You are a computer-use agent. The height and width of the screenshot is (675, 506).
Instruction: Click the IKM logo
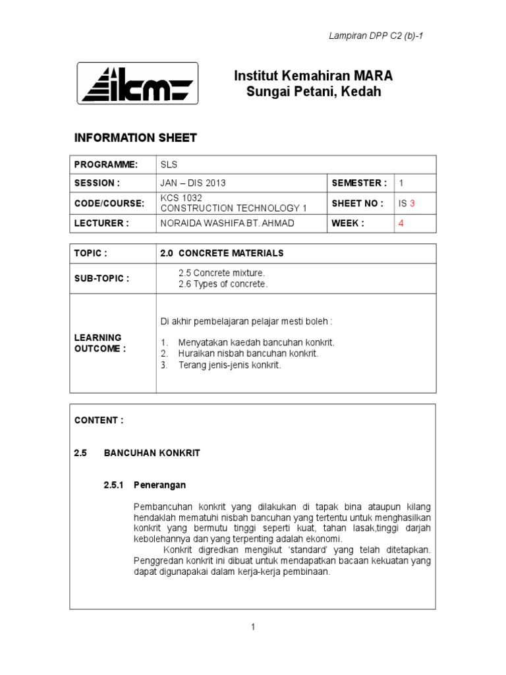tap(138, 83)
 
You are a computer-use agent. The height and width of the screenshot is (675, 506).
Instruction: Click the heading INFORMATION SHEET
tap(136, 138)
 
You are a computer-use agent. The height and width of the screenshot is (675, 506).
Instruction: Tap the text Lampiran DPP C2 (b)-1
tap(376, 36)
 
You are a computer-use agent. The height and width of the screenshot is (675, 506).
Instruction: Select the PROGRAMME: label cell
tap(106, 165)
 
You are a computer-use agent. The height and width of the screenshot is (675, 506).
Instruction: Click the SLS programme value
tap(169, 165)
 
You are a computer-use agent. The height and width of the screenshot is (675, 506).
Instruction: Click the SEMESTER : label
tap(359, 183)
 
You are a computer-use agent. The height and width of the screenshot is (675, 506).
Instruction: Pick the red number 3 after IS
tap(412, 204)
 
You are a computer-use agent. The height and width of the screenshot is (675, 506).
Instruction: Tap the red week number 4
tap(401, 223)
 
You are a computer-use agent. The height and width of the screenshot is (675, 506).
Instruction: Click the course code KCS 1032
tap(181, 198)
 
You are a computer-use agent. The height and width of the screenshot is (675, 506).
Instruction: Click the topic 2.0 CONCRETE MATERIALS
tap(222, 253)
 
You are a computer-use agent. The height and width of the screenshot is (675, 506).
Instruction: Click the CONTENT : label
tap(99, 420)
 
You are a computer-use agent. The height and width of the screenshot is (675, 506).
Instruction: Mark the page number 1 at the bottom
tap(252, 627)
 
